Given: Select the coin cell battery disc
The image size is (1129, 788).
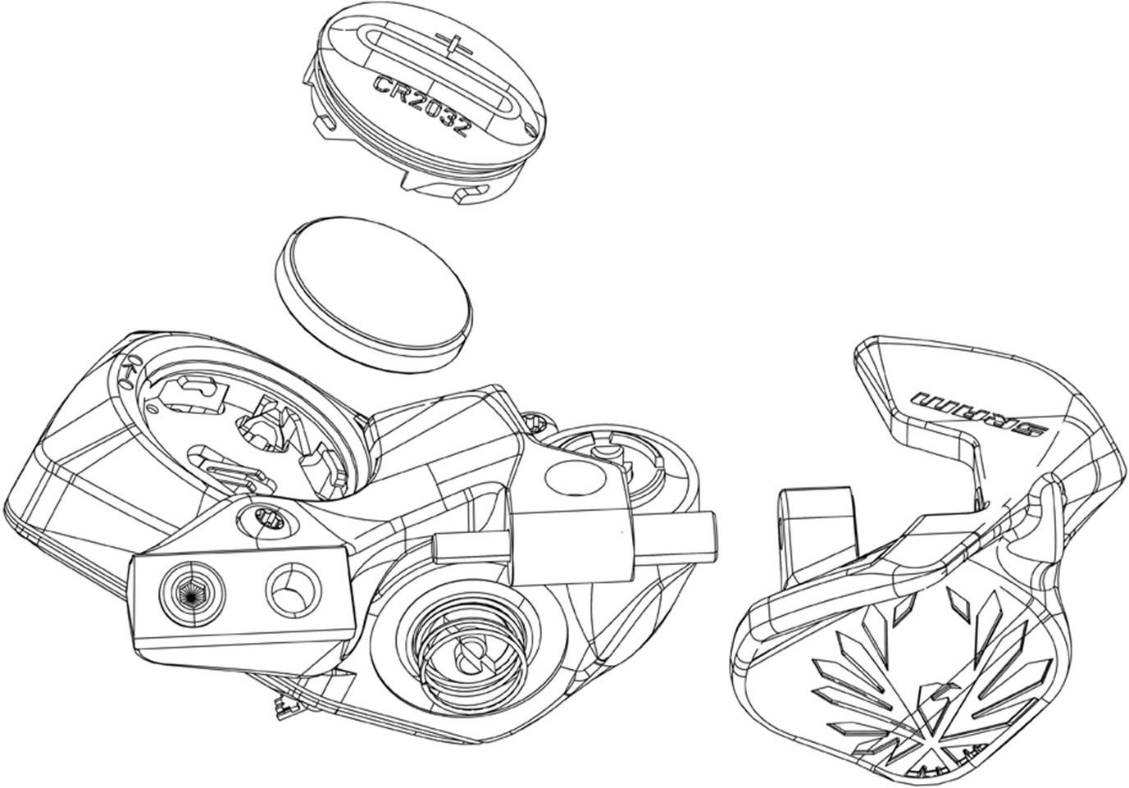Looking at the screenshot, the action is tap(374, 295).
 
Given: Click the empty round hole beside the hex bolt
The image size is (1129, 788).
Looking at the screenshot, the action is tap(294, 590).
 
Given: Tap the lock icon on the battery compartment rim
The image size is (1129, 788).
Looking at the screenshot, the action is tap(128, 374).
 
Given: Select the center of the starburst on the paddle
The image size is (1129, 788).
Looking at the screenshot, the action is tap(936, 745).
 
